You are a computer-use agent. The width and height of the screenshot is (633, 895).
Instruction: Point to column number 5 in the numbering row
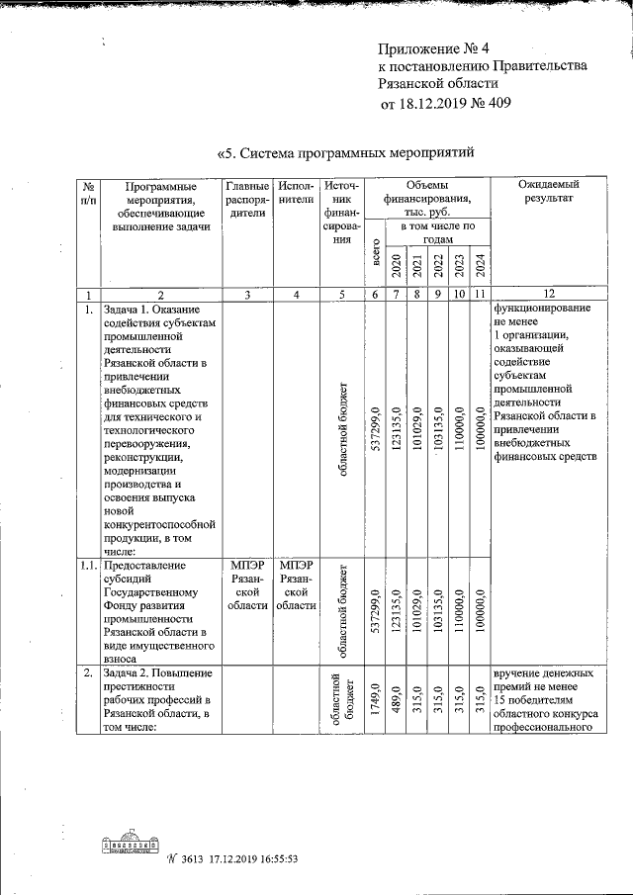pos(342,294)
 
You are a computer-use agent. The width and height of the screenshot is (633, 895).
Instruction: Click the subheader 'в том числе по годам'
pos(437,232)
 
